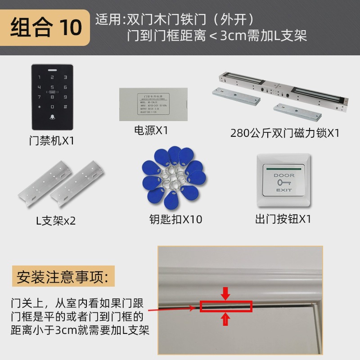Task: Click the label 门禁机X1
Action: tap(51, 141)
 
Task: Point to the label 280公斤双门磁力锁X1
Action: tap(284, 133)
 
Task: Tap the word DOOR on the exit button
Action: tap(284, 175)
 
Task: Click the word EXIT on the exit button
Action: tap(284, 190)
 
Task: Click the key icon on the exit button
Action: tap(284, 183)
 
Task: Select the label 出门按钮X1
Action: tap(283, 219)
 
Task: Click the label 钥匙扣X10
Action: tap(175, 219)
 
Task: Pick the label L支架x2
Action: tap(56, 221)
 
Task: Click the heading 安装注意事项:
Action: tap(63, 276)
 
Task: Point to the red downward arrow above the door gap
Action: tap(226, 294)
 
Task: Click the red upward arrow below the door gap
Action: tap(226, 319)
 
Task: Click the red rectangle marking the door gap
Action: tap(226, 306)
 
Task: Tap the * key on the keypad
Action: tap(40, 107)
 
